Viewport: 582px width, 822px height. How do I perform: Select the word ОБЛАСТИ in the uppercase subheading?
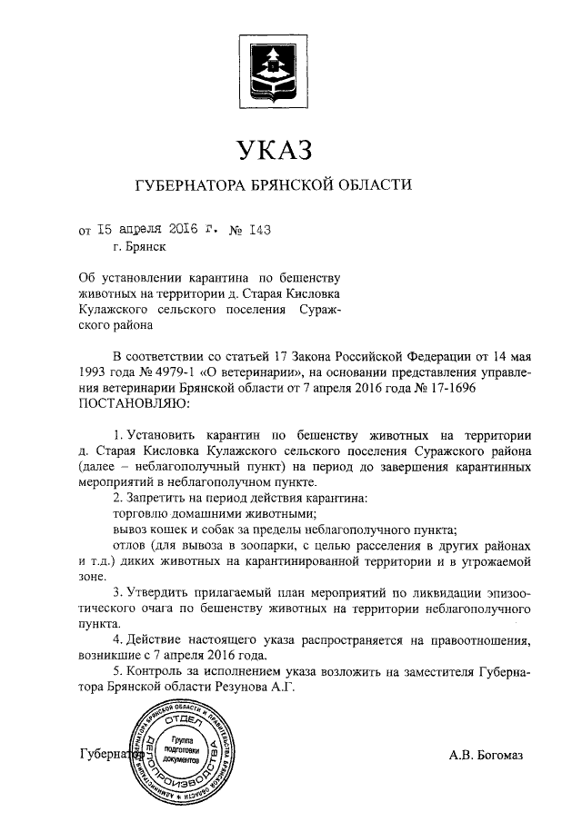[x=371, y=186]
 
